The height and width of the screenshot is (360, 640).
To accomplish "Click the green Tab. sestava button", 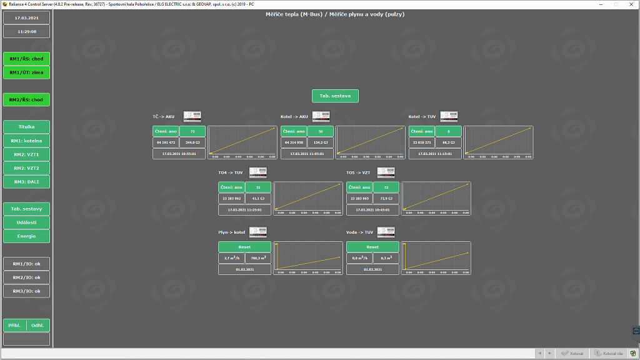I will click(336, 96).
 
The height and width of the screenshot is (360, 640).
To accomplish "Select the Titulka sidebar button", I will click(26, 127).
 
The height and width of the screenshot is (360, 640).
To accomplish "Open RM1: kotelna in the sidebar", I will click(26, 141).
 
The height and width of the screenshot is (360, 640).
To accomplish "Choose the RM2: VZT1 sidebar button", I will click(26, 154).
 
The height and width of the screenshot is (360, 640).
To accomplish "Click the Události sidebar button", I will click(26, 222).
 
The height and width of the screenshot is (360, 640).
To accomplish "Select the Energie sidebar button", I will click(26, 236).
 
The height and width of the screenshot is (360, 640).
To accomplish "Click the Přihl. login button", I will click(15, 325).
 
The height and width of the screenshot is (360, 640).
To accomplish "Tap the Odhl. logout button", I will click(37, 325).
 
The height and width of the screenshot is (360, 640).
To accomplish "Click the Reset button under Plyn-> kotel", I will click(244, 247).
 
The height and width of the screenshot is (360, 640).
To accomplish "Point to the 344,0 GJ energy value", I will click(192, 142).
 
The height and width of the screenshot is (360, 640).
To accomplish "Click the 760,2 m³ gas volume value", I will click(258, 258).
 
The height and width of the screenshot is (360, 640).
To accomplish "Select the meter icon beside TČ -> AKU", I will click(192, 116).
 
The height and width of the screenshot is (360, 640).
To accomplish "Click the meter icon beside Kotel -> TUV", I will click(449, 116).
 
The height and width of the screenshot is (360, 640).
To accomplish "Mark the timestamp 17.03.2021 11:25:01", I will click(244, 210).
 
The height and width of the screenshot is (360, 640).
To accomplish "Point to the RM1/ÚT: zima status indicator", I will click(26, 72).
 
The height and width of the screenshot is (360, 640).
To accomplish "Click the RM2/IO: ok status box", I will click(26, 277).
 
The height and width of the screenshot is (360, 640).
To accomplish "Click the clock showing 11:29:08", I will click(26, 31).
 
